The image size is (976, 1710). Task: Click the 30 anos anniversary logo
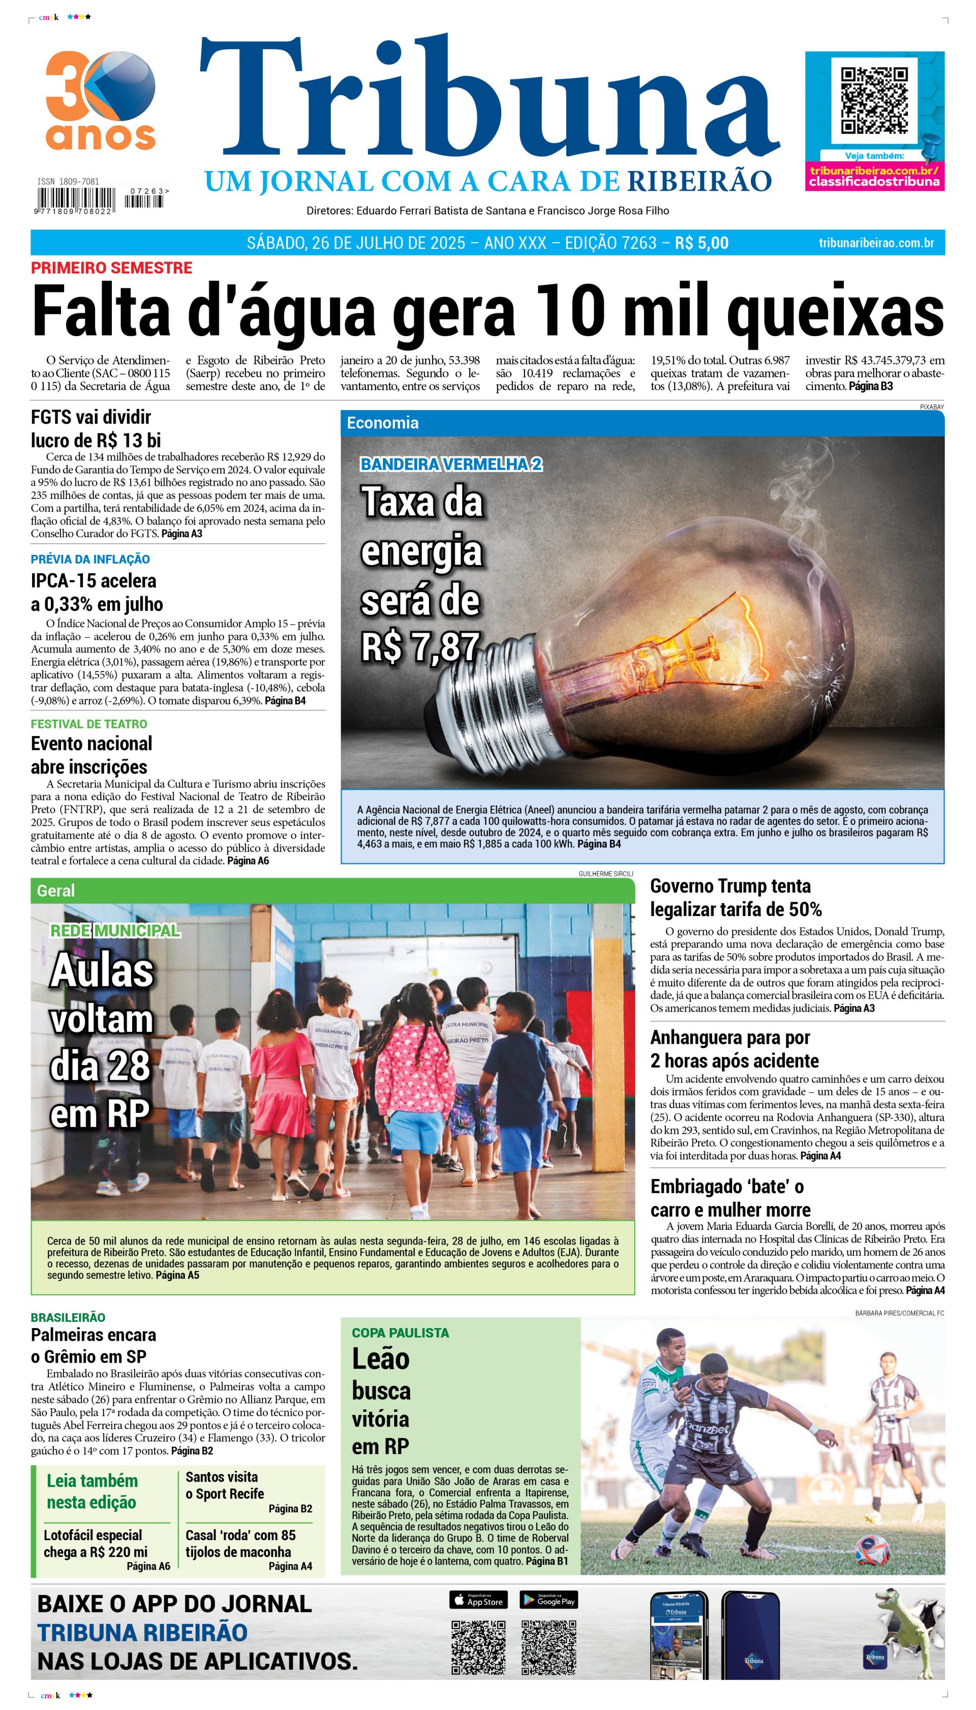[101, 101]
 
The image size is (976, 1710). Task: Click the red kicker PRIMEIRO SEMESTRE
[111, 268]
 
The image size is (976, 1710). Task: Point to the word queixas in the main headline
[835, 311]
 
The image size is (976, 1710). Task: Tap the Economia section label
[383, 423]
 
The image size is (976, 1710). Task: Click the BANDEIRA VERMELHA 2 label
[451, 464]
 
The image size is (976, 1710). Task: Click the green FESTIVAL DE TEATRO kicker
[88, 724]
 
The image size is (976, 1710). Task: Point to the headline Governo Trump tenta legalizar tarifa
[736, 898]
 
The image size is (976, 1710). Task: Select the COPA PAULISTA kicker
[400, 1333]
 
